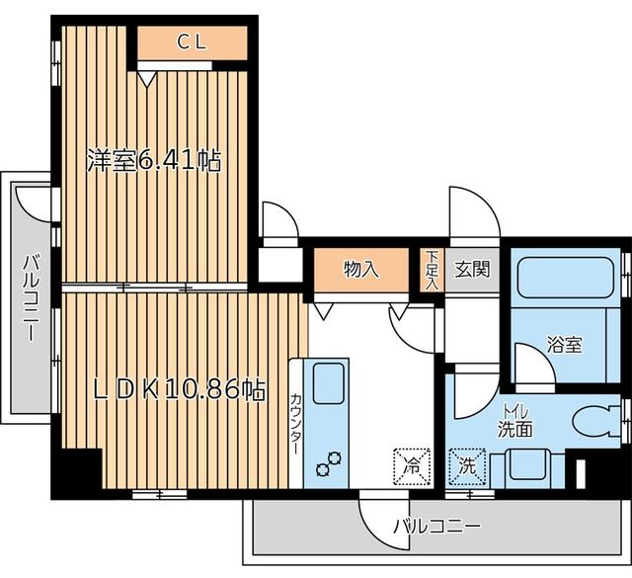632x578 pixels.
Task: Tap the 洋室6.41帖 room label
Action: tap(152, 161)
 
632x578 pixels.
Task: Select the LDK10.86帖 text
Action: tap(179, 391)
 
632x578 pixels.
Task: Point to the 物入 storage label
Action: tap(360, 269)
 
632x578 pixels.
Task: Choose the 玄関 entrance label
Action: tap(471, 269)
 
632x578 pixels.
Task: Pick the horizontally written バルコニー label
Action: tap(435, 527)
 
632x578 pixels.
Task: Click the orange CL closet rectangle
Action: tap(192, 43)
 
